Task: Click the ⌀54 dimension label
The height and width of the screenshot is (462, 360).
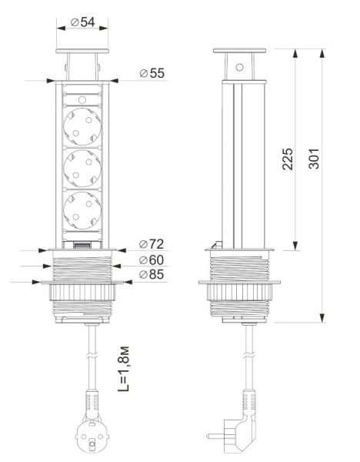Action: point(83,22)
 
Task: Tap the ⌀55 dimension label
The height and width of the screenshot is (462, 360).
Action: point(152,73)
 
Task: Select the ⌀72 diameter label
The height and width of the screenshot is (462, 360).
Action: point(152,244)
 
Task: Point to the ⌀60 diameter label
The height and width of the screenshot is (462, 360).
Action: point(152,260)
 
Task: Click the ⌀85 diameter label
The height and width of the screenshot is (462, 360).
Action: point(152,274)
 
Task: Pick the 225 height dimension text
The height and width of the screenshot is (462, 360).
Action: point(288,159)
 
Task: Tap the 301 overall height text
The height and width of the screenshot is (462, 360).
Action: point(314,159)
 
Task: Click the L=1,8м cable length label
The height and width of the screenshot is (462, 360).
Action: point(123,368)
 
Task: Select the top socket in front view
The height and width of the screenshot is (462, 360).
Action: point(82,126)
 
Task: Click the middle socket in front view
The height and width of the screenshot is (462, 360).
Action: point(82,168)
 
